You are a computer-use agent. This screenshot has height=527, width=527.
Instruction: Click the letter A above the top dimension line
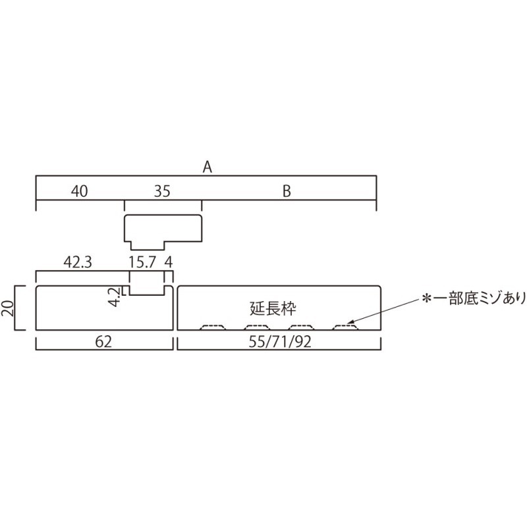(x=208, y=167)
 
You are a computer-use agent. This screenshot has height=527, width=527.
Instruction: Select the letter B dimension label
(x=287, y=191)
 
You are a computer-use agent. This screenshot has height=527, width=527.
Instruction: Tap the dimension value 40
(x=79, y=191)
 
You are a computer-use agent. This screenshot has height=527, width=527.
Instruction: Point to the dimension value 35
(x=162, y=191)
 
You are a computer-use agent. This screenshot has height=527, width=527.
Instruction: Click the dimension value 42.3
(x=78, y=262)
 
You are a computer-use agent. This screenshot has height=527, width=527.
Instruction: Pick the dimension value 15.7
(x=142, y=262)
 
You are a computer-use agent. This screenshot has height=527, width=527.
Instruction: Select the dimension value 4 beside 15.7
(x=169, y=262)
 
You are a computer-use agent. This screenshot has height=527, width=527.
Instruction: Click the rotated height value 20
(x=8, y=308)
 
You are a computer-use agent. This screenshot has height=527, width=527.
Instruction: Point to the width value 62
(x=103, y=342)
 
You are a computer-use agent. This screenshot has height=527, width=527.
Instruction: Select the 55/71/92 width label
(x=280, y=342)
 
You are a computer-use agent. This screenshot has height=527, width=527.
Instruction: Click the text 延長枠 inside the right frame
(x=273, y=308)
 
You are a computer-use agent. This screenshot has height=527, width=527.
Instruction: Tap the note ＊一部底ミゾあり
(x=473, y=299)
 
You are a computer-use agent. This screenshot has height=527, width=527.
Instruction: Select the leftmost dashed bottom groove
(x=213, y=327)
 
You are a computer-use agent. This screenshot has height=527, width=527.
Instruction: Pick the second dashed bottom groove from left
(x=257, y=327)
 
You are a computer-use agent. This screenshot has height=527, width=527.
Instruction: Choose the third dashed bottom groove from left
(x=302, y=327)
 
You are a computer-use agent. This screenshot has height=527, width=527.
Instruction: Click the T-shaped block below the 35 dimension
(x=163, y=229)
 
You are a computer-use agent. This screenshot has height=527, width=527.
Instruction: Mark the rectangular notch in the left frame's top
(x=147, y=291)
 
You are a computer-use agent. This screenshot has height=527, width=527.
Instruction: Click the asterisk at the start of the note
(x=426, y=299)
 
